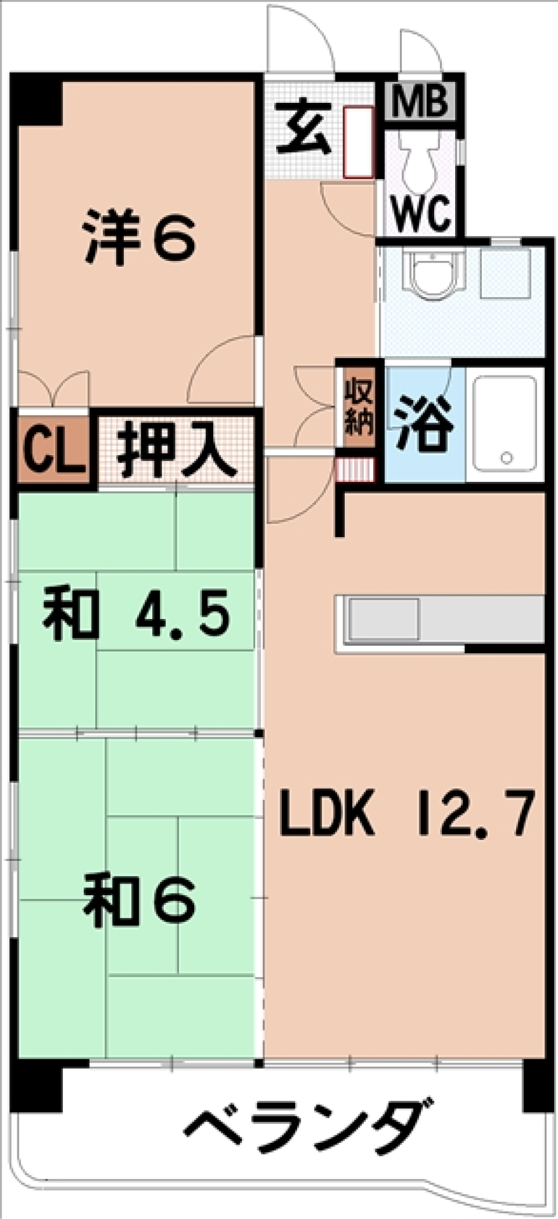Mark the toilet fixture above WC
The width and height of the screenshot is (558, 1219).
[420, 154]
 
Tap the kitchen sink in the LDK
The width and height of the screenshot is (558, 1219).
[384, 619]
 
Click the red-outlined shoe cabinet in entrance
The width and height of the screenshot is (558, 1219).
[357, 142]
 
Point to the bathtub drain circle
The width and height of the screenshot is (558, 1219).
[507, 458]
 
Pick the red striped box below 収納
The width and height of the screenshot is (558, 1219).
[354, 470]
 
